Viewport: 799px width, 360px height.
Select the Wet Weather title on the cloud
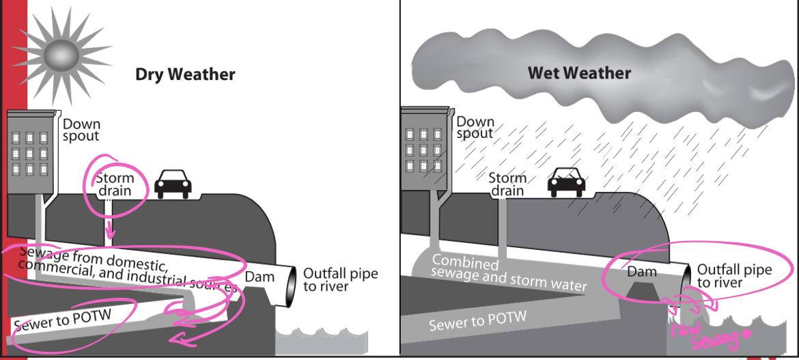click(579, 72)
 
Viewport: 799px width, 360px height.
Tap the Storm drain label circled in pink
click(115, 184)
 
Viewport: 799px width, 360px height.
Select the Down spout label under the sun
click(81, 130)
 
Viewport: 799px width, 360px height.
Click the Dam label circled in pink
click(642, 272)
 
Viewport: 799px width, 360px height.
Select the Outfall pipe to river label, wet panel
click(735, 275)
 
